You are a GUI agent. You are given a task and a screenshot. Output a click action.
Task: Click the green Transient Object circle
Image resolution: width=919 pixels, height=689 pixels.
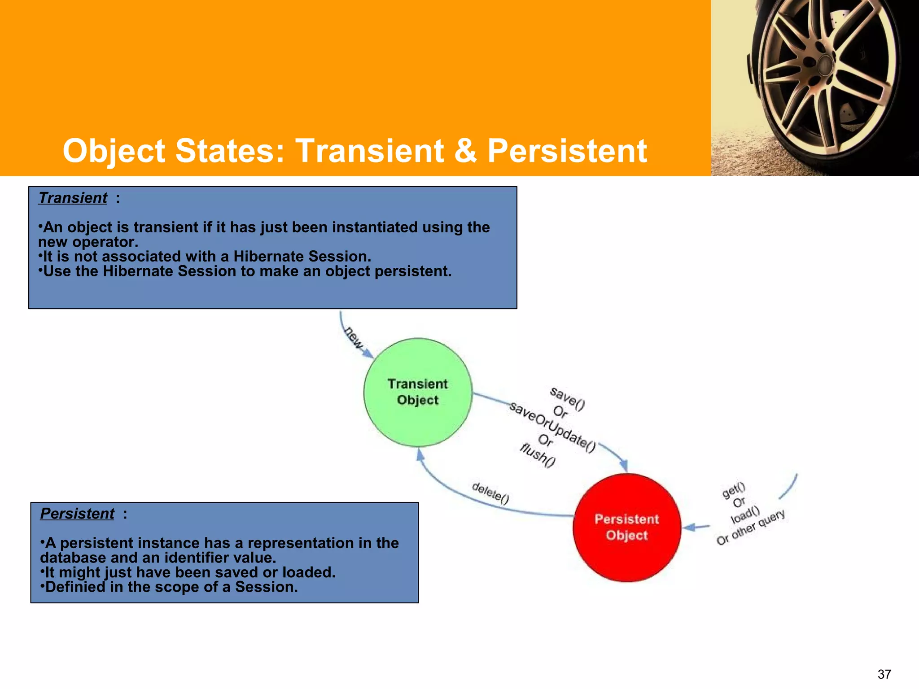[418, 392]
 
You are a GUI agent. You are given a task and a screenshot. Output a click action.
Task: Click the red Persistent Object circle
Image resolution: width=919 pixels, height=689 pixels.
[627, 528]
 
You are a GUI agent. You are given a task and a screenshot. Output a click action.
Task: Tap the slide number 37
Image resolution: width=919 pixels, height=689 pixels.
[884, 674]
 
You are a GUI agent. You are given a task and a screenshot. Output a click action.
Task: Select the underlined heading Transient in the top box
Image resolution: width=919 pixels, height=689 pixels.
[73, 198]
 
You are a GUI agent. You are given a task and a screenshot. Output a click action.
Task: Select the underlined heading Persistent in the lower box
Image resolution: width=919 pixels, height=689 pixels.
[77, 514]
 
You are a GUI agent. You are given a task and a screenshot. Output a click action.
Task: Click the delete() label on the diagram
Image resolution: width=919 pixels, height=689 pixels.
[490, 493]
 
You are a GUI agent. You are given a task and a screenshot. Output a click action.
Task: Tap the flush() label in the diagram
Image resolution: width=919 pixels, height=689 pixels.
[538, 455]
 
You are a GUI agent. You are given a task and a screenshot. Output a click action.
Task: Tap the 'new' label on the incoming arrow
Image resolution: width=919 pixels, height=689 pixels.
[354, 338]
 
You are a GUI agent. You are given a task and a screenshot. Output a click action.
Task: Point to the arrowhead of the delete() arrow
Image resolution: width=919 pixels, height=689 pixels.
[420, 454]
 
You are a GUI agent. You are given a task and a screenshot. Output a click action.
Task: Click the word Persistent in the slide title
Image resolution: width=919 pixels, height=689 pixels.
[567, 151]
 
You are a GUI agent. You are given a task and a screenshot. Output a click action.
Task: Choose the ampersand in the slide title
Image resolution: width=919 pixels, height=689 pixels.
[465, 151]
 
